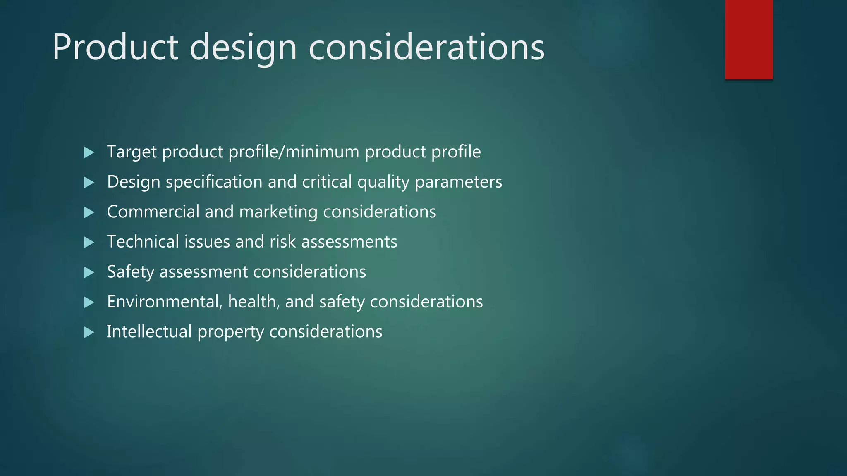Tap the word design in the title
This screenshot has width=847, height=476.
click(243, 49)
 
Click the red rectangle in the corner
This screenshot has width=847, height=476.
click(749, 40)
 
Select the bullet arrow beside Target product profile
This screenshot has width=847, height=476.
click(89, 152)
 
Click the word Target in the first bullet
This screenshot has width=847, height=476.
click(132, 152)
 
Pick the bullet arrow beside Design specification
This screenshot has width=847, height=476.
click(89, 183)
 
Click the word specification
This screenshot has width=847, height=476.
click(214, 182)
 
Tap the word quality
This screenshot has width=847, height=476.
click(383, 182)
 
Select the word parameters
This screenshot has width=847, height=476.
click(458, 182)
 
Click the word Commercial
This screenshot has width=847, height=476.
click(153, 212)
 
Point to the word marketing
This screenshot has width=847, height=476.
click(278, 212)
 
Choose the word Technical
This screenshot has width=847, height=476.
click(143, 242)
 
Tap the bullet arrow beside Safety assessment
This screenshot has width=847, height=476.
click(89, 272)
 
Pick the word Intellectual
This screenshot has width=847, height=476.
click(149, 332)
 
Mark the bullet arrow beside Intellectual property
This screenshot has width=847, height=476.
click(89, 332)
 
